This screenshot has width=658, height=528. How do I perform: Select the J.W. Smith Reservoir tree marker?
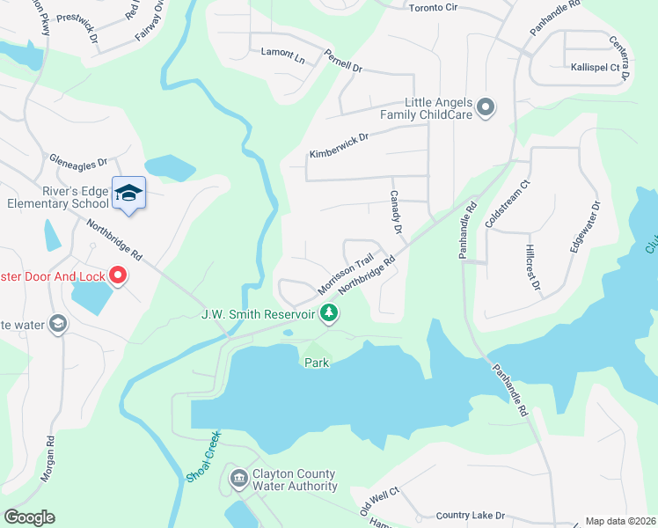tap(329, 312)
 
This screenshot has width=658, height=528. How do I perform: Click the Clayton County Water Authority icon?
tap(238, 480)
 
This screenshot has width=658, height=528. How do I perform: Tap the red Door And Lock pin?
tap(118, 276)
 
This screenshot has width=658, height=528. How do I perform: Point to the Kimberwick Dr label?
tap(339, 145)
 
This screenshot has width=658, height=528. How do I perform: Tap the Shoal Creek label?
tap(201, 457)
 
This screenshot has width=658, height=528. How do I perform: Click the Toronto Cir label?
tap(435, 8)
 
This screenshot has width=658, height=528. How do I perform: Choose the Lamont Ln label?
tap(282, 53)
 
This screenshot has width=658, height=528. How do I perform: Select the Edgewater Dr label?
tap(585, 228)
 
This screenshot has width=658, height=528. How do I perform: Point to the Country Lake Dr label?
tap(471, 515)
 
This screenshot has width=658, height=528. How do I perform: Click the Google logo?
tap(29, 517)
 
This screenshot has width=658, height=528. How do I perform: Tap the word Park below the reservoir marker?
tap(317, 363)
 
